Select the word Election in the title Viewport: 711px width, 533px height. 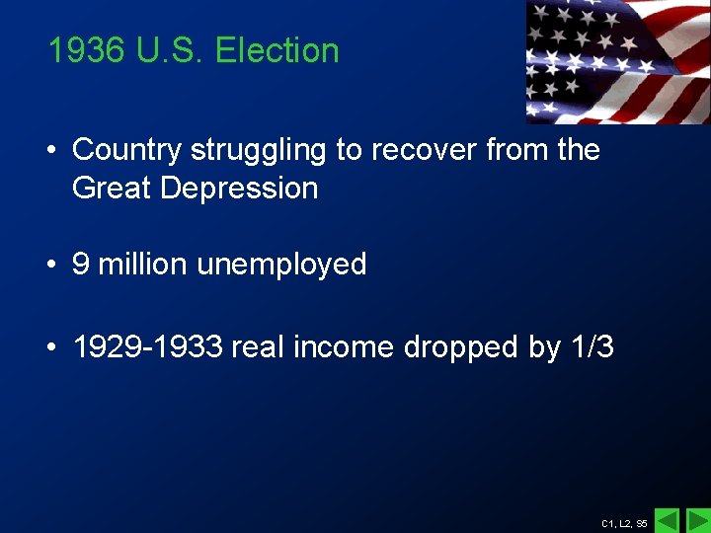click(x=276, y=50)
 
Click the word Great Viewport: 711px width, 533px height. click(x=112, y=188)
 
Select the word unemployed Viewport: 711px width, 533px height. click(x=281, y=266)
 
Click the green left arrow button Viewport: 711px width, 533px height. click(x=668, y=520)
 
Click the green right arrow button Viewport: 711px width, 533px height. click(x=697, y=520)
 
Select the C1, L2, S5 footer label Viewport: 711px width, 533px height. click(x=624, y=523)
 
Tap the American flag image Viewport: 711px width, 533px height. click(x=617, y=61)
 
